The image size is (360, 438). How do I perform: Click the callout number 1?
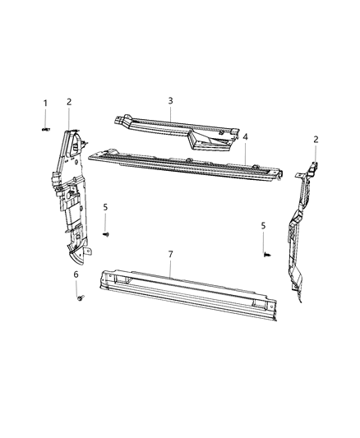point(45,104)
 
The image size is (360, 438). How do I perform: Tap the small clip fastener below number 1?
point(45,130)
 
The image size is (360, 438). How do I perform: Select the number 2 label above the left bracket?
point(69,102)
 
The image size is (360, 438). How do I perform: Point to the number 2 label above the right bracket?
point(316,140)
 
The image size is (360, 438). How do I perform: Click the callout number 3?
point(170,101)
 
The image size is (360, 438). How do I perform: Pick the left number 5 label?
point(105,207)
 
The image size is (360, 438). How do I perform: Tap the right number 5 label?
point(263,225)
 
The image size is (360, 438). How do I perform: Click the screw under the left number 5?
point(106,234)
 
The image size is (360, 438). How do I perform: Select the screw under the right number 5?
point(267,255)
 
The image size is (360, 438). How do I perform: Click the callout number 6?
point(76,274)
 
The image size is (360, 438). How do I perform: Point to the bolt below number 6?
point(79,299)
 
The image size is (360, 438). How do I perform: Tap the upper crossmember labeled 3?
point(177,131)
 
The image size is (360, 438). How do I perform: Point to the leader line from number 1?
point(45,118)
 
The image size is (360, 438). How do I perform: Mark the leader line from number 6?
point(77,288)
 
